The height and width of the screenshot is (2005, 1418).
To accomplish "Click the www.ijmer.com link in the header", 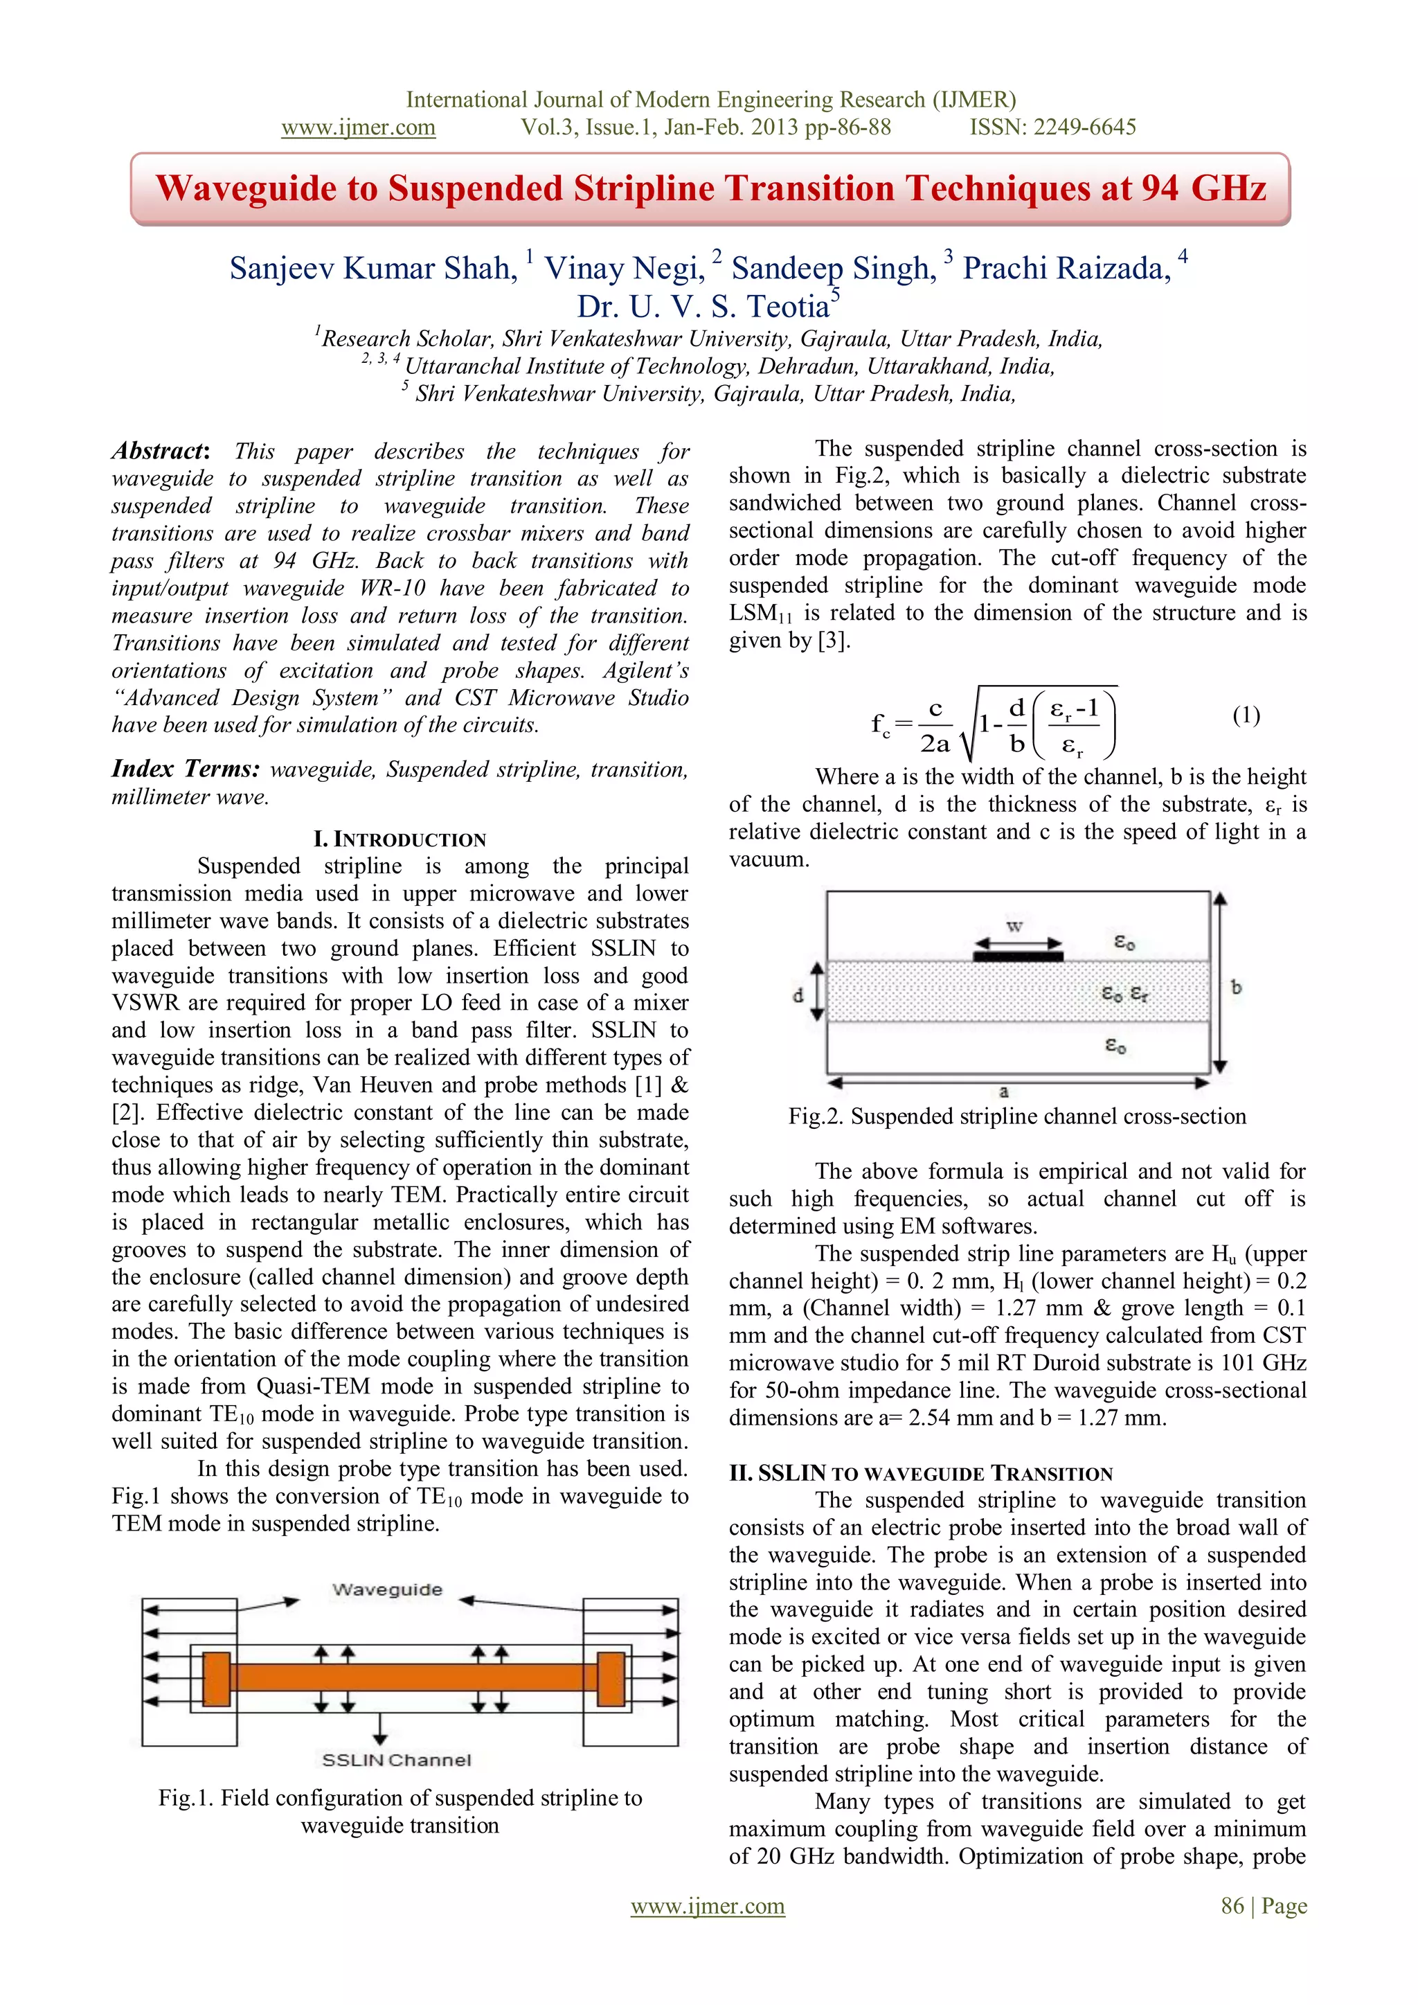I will tap(358, 127).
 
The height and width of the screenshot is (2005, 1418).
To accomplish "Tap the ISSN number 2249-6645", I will tap(1086, 127).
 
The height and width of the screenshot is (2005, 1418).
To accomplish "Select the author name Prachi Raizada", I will tap(1066, 268).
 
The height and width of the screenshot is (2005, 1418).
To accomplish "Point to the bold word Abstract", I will tap(158, 452).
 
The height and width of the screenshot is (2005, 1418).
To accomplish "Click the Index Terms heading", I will tap(185, 769).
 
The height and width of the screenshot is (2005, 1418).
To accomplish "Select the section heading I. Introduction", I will tap(400, 839).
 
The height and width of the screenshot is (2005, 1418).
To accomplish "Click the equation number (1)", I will tap(1246, 716).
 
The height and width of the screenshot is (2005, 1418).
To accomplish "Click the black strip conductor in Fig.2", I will tap(1018, 956).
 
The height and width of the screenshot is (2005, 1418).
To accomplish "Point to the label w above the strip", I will tap(1014, 926).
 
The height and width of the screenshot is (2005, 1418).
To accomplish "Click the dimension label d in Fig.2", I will tap(797, 995).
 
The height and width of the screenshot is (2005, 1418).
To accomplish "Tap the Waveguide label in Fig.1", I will tap(387, 1589).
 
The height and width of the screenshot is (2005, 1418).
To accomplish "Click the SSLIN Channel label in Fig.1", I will tap(397, 1760).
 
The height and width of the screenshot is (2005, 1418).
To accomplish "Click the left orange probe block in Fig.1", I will tap(217, 1677).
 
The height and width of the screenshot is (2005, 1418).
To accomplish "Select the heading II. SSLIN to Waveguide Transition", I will tap(921, 1473).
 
